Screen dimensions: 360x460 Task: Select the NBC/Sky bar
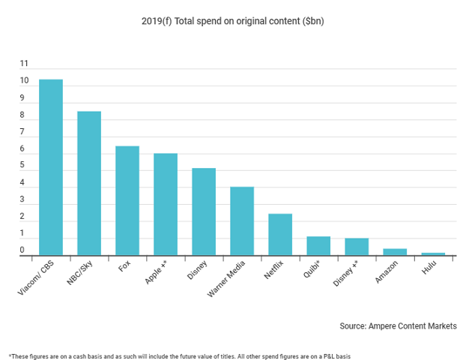point(89,184)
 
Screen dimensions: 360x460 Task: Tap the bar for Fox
point(127,201)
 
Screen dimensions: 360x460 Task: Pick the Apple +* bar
point(166,205)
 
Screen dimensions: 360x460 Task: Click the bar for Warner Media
point(242,221)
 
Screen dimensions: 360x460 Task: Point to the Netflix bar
point(280,235)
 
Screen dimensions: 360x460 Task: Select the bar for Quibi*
point(318,246)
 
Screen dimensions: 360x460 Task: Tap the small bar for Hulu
point(433,254)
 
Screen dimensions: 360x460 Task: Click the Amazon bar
point(395,252)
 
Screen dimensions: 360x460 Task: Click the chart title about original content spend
point(232,20)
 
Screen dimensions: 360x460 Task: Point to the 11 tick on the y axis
point(25,64)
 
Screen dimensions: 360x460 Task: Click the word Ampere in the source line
point(386,326)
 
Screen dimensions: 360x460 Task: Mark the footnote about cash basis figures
point(180,355)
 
